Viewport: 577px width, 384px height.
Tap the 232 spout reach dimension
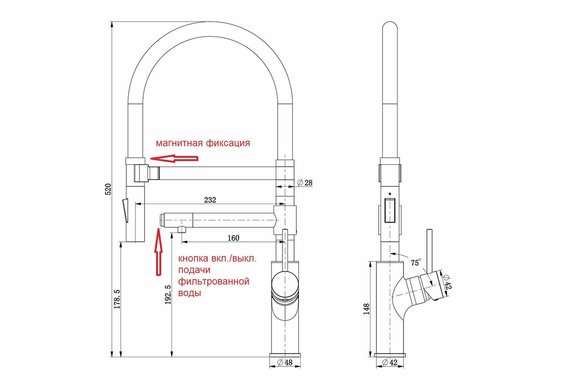click(x=210, y=199)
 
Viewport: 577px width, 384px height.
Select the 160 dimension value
click(x=233, y=238)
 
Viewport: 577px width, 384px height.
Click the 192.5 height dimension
click(x=168, y=295)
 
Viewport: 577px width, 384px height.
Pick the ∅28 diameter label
click(x=305, y=183)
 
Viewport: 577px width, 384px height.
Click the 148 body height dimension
click(x=367, y=309)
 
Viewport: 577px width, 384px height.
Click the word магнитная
click(x=179, y=143)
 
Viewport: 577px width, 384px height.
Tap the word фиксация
click(x=228, y=143)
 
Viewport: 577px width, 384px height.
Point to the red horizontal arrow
click(x=174, y=158)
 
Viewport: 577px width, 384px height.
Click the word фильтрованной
click(x=213, y=281)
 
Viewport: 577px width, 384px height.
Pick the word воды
click(x=189, y=293)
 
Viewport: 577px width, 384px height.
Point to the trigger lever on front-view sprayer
click(x=125, y=212)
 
